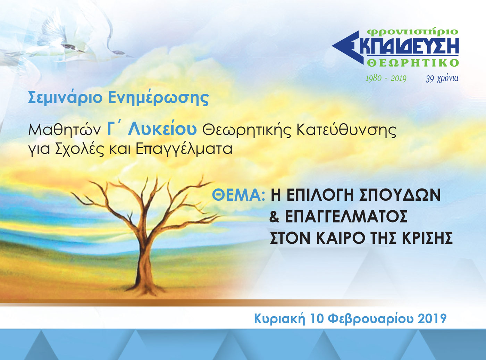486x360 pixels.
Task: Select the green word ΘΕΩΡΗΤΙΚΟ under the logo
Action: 413,63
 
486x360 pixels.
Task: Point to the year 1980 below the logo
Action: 374,78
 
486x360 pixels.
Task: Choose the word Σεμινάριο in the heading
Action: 65,98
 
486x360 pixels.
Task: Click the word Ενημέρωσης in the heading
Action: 159,98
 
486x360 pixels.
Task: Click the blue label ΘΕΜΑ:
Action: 238,195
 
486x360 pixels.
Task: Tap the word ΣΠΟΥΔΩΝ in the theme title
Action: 396,195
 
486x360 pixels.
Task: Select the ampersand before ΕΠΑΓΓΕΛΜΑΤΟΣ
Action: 274,216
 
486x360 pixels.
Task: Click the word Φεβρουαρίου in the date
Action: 370,319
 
